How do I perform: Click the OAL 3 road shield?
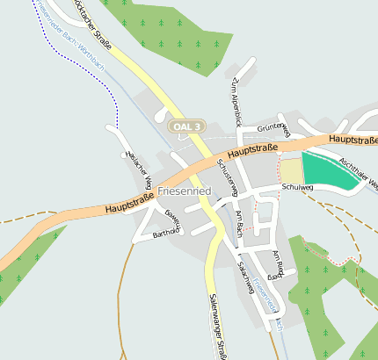tap(187, 126)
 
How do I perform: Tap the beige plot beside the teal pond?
tap(290, 170)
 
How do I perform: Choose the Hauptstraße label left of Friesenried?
tap(129, 203)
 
